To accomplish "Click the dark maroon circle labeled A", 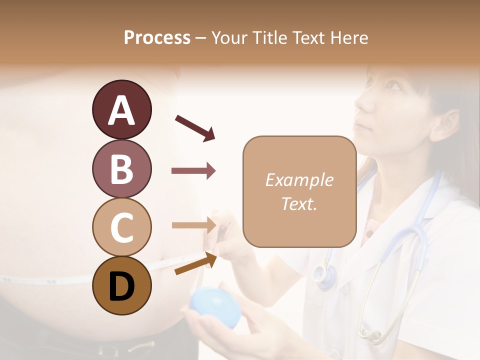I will [x=122, y=109].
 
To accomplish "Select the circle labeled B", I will [x=122, y=168].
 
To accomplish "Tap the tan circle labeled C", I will [x=122, y=227].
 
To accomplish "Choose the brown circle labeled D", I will [x=122, y=285].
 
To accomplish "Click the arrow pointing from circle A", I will [x=195, y=127].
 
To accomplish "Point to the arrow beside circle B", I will [x=193, y=171].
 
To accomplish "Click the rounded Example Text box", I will [x=299, y=191].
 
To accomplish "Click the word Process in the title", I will [x=157, y=37].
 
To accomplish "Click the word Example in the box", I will [x=299, y=180].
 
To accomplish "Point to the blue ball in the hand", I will [x=215, y=305].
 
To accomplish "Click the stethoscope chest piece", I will [x=325, y=274].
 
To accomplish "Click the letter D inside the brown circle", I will [x=122, y=286].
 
